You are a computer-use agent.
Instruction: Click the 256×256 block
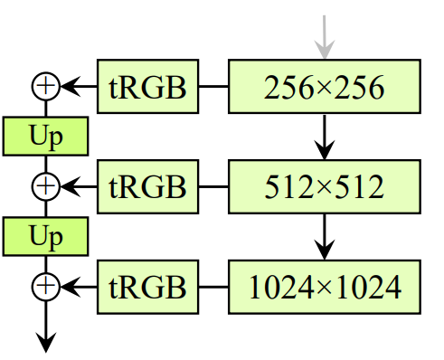tap(325, 87)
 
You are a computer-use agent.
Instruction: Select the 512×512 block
tap(325, 187)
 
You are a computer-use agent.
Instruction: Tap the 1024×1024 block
tap(325, 288)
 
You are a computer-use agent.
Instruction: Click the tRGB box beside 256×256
tap(147, 87)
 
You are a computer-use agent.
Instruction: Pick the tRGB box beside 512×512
tap(147, 187)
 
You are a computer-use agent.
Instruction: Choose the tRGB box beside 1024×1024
tap(147, 288)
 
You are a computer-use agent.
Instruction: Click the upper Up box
tap(45, 137)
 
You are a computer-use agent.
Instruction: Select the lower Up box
tap(45, 237)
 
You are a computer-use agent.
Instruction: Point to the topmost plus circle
tap(45, 87)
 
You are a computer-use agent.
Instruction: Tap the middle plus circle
tap(45, 187)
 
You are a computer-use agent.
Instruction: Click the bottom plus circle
tap(45, 288)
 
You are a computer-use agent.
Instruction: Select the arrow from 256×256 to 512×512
tap(325, 137)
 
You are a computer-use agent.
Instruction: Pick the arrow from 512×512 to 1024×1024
tap(325, 237)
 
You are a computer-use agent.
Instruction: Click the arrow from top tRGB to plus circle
tap(79, 87)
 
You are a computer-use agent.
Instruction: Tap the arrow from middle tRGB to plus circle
tap(79, 187)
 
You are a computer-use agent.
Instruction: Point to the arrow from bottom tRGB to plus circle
tap(79, 288)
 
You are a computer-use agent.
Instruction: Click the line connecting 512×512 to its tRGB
tap(213, 187)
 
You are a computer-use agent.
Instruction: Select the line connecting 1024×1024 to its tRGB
tap(213, 288)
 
